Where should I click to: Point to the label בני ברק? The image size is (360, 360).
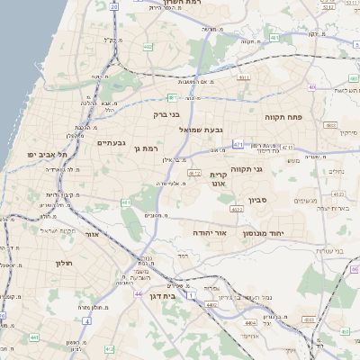163,115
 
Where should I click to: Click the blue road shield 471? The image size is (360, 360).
238,144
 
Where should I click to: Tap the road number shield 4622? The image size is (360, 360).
237,209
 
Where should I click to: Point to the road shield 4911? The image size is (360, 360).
244,78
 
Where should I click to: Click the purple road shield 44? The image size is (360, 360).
138,293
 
